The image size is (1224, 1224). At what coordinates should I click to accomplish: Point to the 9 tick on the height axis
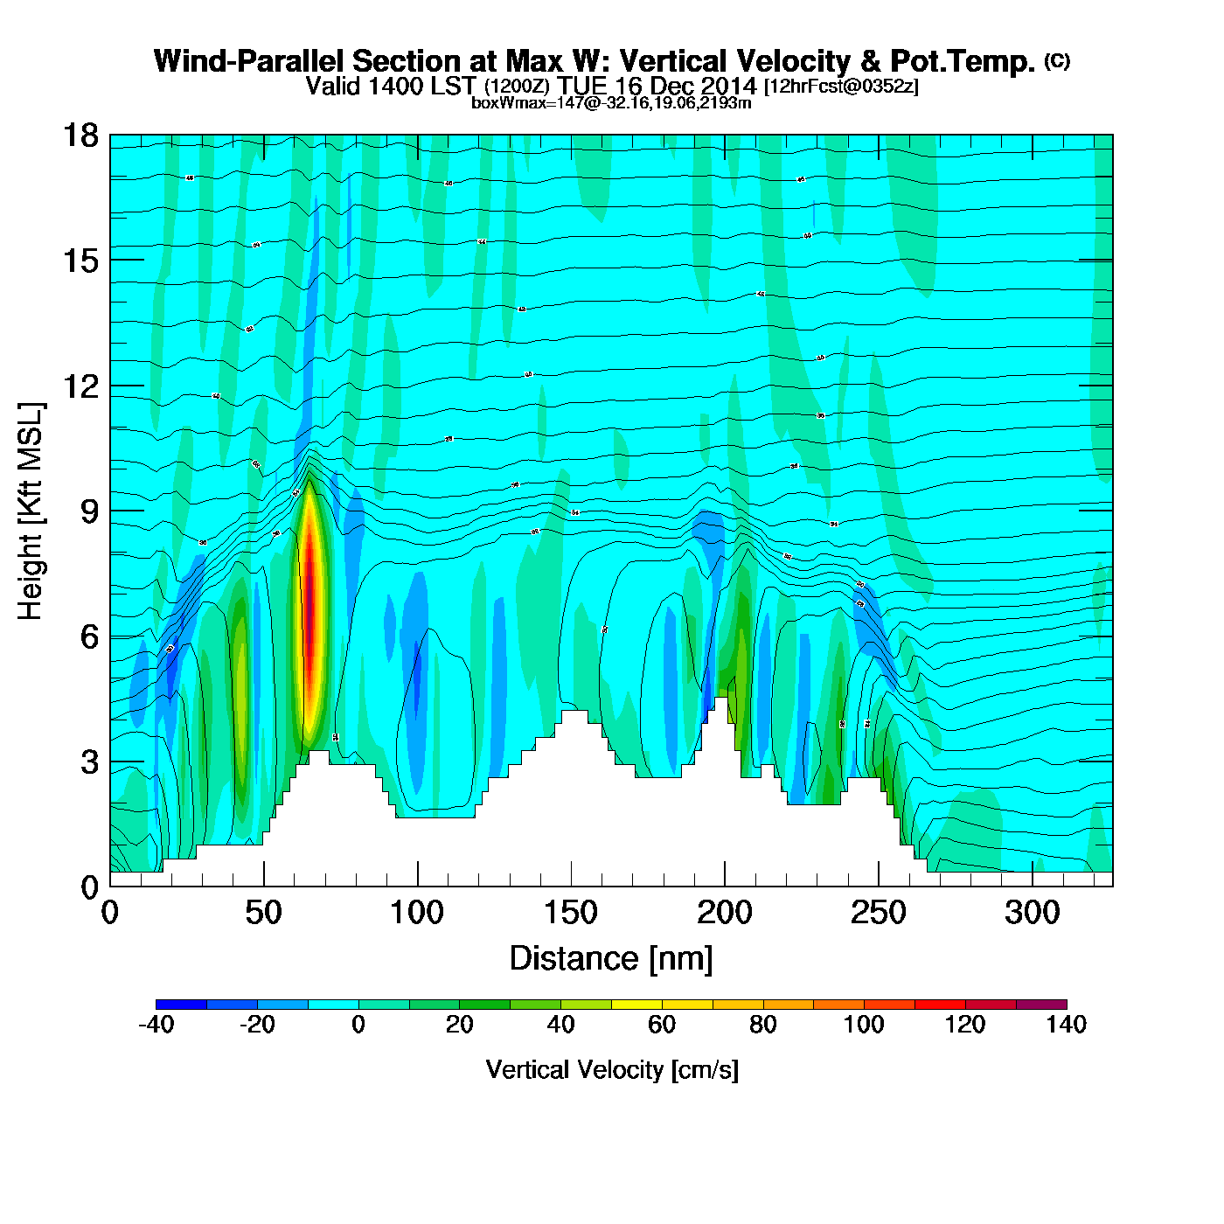click(89, 511)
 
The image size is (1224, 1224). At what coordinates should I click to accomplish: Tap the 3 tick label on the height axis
click(89, 762)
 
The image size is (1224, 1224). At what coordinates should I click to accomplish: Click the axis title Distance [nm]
click(611, 958)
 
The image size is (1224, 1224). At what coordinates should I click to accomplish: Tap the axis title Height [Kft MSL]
click(31, 511)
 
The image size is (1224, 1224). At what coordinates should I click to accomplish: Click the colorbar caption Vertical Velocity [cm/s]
click(611, 1069)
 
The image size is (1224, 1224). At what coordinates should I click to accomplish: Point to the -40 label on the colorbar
click(156, 1025)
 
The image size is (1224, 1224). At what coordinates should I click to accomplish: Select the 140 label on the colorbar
click(1066, 1025)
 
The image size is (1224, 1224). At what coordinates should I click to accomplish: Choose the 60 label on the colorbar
click(662, 1025)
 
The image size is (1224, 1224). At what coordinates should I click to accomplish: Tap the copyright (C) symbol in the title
click(1056, 60)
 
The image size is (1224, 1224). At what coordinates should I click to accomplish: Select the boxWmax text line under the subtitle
click(611, 102)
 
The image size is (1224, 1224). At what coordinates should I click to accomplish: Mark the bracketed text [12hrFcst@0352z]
click(841, 87)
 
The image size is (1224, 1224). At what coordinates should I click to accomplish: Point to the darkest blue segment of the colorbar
click(181, 1004)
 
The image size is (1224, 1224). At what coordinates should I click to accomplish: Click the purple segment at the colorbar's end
click(1041, 1004)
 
